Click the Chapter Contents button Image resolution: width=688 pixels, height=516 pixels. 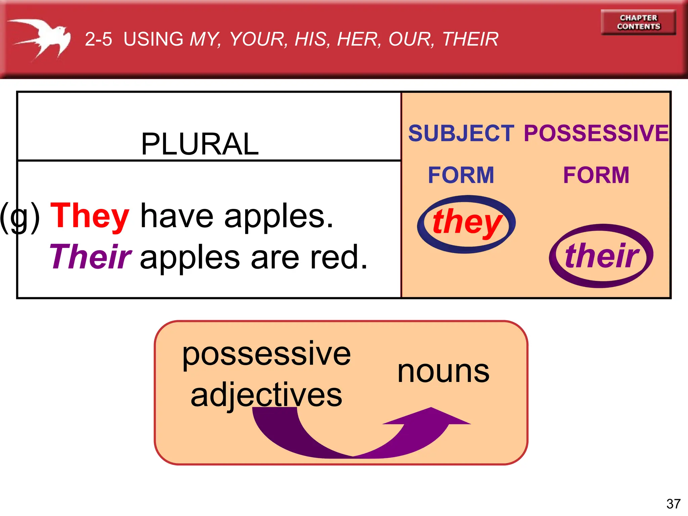click(x=638, y=22)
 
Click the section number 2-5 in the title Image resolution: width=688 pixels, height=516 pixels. click(x=98, y=39)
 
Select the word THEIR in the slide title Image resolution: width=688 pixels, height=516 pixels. click(x=470, y=39)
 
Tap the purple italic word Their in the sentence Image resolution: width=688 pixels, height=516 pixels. click(x=90, y=257)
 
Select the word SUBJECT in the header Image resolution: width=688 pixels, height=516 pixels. click(x=461, y=133)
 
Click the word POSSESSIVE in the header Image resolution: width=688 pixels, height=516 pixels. click(x=596, y=133)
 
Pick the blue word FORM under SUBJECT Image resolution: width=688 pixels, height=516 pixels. click(x=461, y=175)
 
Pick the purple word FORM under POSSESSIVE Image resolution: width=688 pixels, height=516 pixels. click(x=596, y=175)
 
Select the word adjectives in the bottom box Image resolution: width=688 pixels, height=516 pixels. click(x=266, y=395)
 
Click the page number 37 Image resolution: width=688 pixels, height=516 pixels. click(x=673, y=504)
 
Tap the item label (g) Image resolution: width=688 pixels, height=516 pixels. click(x=19, y=217)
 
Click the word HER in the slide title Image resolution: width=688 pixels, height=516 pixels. click(x=359, y=39)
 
